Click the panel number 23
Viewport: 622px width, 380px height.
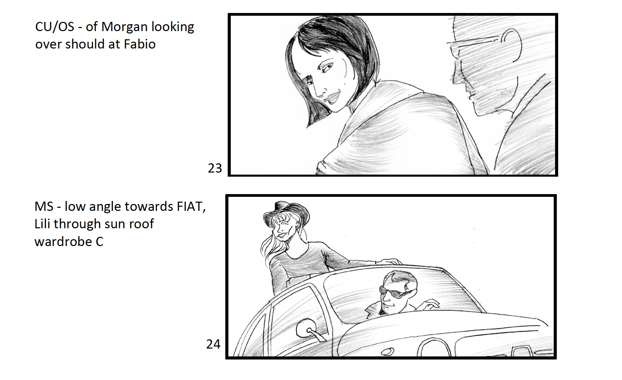point(215,168)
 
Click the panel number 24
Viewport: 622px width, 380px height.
point(213,344)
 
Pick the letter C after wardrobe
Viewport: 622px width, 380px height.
point(99,242)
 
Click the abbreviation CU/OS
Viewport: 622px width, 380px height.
point(55,27)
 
